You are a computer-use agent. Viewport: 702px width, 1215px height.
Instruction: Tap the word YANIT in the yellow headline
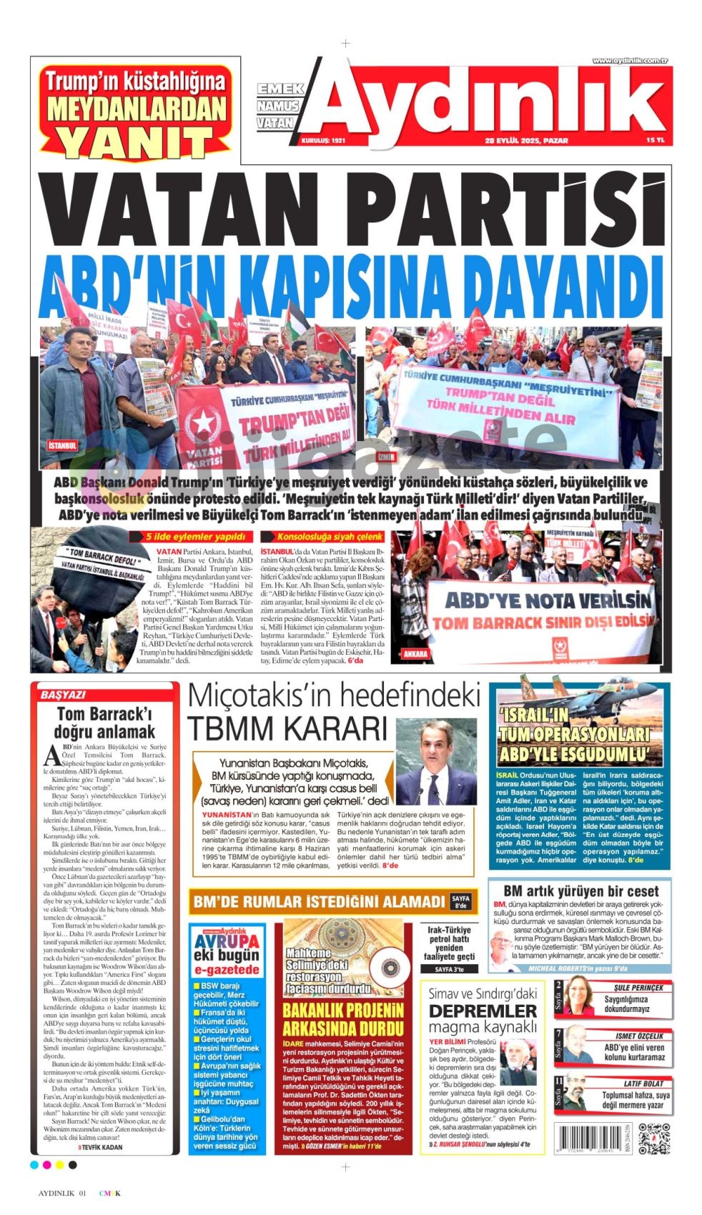coord(135,142)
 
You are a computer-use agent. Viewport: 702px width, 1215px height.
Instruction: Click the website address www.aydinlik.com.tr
coord(629,61)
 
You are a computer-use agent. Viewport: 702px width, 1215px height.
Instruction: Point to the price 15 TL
coord(655,141)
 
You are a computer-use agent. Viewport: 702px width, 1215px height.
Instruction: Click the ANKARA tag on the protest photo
coord(415,653)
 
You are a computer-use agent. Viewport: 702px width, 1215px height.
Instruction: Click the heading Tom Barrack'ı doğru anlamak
coord(105,723)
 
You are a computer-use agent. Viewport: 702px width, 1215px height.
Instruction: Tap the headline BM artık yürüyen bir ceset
coord(580,891)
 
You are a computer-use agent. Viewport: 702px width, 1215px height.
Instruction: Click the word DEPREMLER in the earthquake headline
coord(483,1011)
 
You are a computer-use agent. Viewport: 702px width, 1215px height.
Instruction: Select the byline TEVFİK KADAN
coord(100,1146)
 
